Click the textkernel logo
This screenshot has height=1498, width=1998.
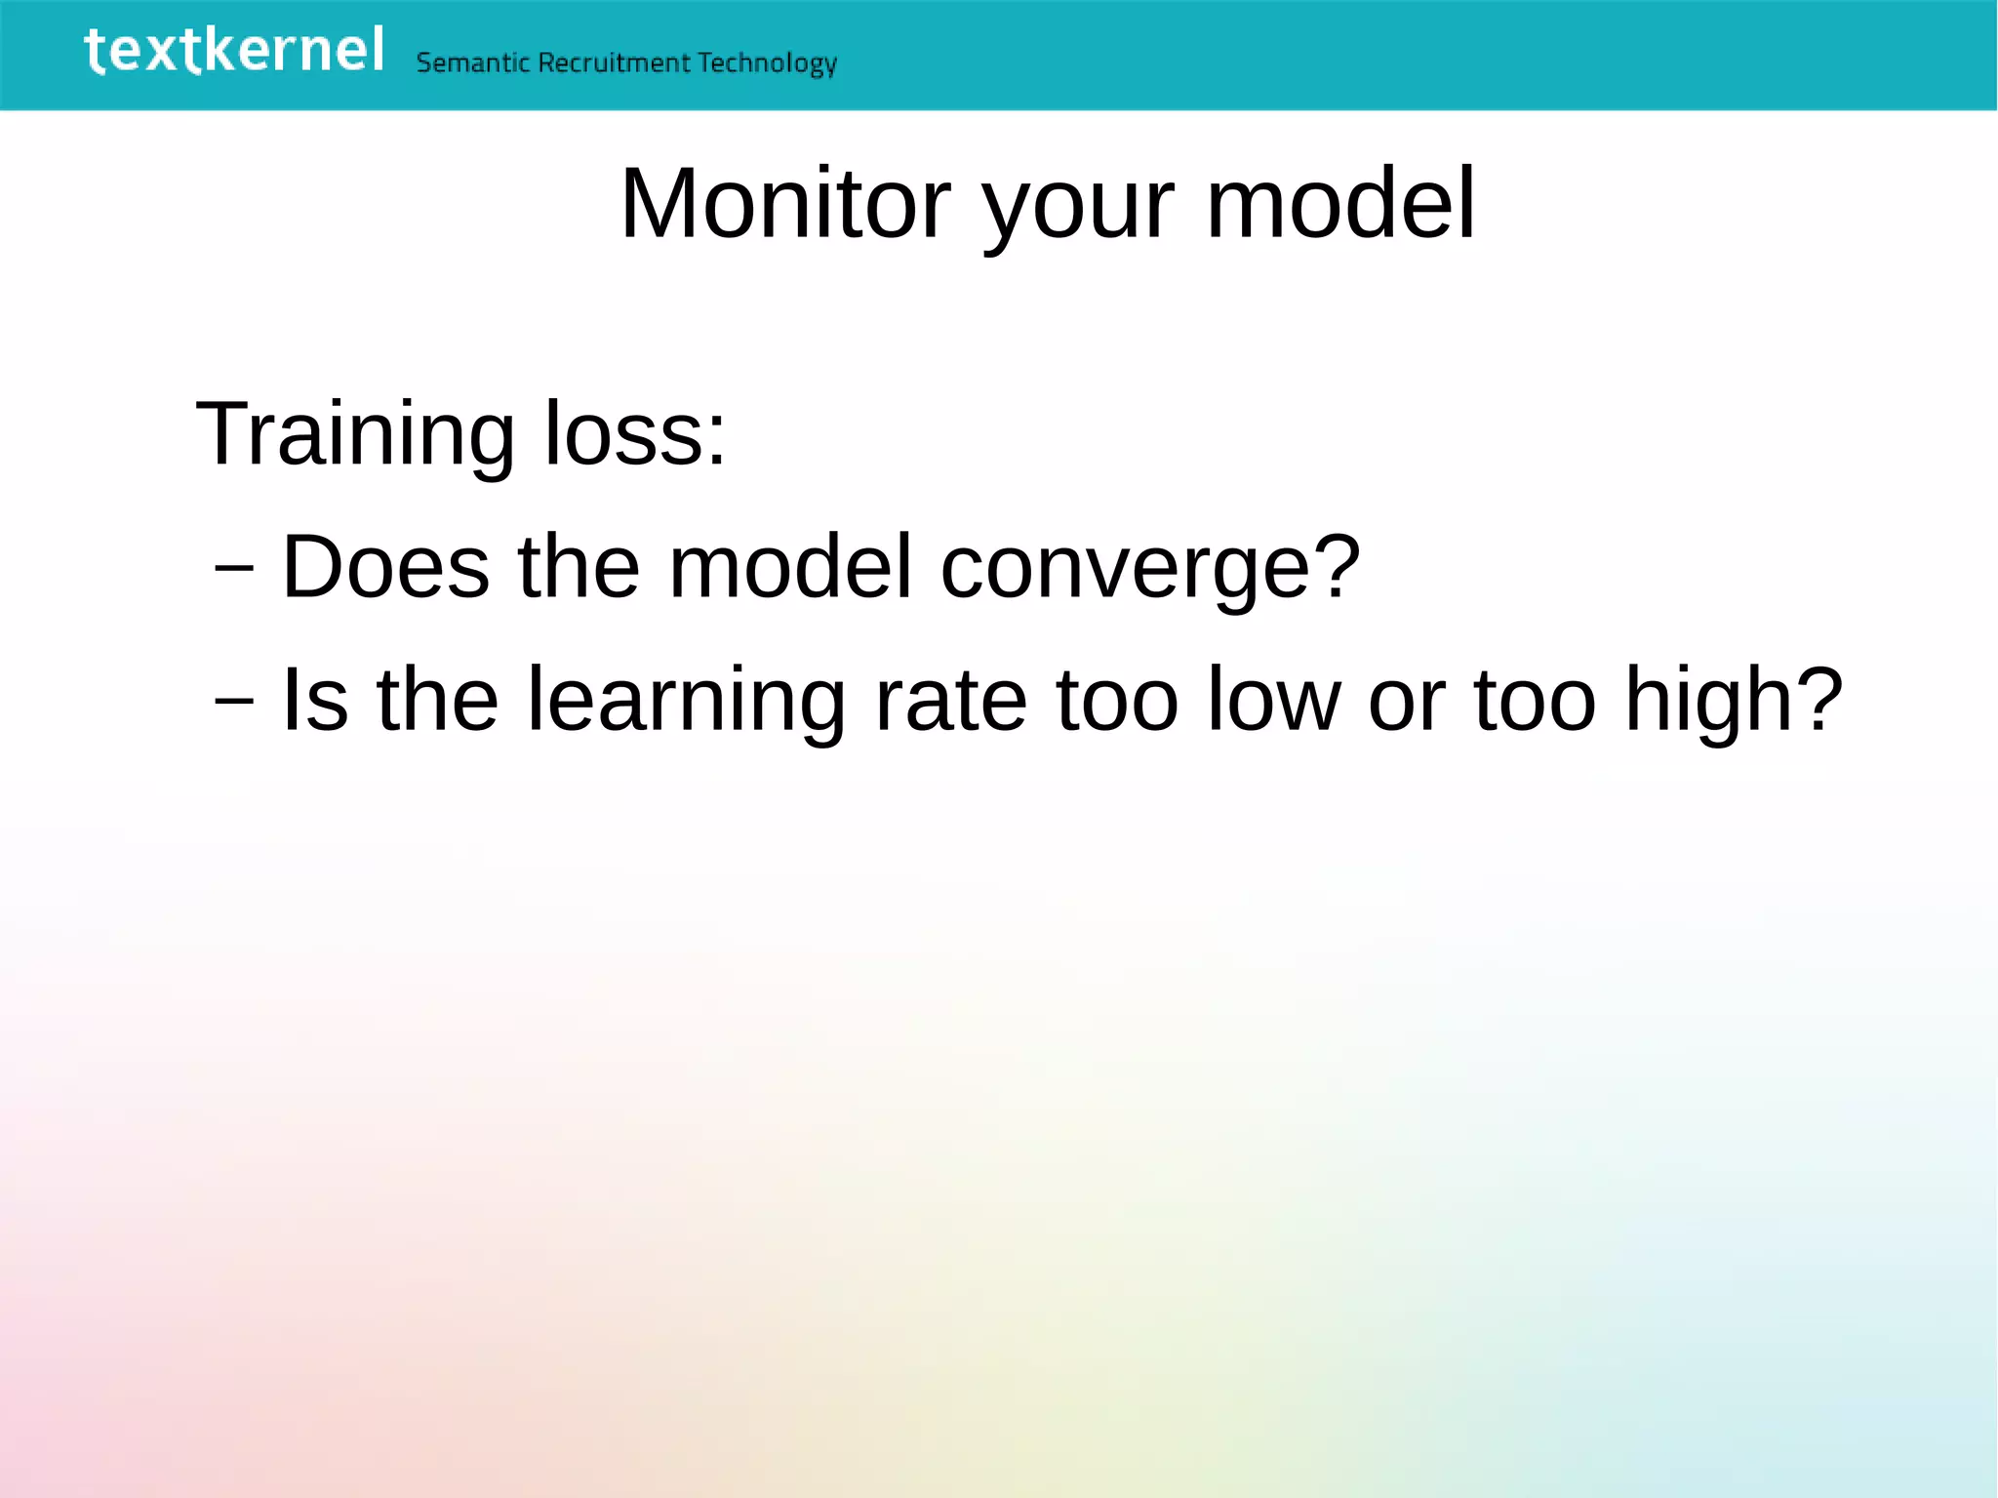tap(234, 51)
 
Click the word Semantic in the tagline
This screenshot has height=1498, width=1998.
tap(473, 63)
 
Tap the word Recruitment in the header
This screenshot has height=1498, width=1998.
tap(615, 63)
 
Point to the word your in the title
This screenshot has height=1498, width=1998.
tap(1078, 210)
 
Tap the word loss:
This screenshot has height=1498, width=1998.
tap(635, 433)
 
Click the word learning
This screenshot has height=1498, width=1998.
tap(686, 702)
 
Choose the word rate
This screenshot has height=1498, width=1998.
tap(951, 700)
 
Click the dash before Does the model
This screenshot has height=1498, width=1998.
tap(234, 567)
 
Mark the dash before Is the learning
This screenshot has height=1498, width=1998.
tap(234, 700)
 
